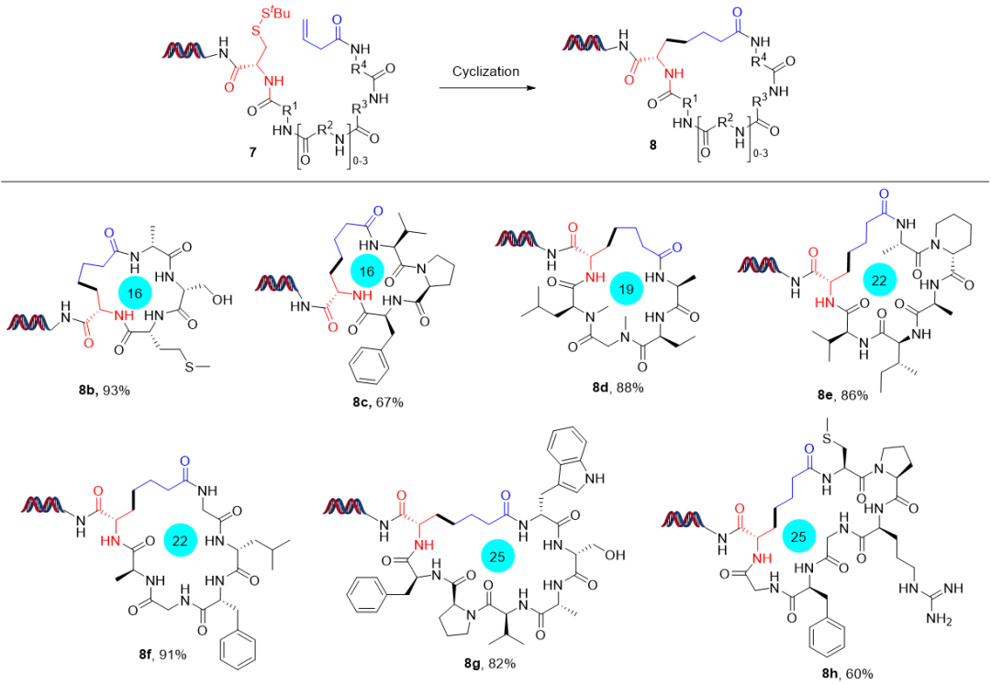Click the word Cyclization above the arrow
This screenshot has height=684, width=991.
tap(485, 72)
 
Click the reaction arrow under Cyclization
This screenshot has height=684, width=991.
tap(485, 88)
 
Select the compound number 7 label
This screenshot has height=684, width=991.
tap(253, 152)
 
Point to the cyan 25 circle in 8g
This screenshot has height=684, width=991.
tap(497, 557)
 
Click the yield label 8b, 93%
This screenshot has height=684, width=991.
tap(105, 391)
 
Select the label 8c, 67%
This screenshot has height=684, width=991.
tap(378, 402)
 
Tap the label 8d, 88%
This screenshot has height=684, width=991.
tap(618, 387)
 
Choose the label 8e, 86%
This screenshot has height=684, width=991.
tap(842, 395)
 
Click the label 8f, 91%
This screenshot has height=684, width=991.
tap(163, 655)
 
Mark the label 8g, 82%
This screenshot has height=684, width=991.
tap(490, 663)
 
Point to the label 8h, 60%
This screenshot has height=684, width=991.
tap(847, 674)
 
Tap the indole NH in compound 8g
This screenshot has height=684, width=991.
tap(594, 478)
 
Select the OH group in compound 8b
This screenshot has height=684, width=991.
tap(222, 300)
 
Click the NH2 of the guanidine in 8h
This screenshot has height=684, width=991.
tap(939, 618)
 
